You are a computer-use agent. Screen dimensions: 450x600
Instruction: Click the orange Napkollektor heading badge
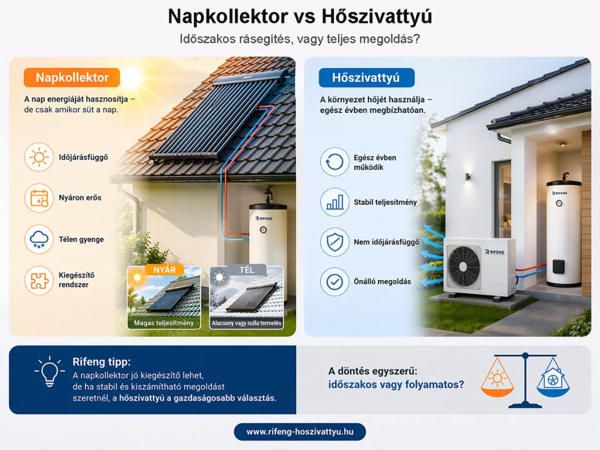pyautogui.click(x=71, y=77)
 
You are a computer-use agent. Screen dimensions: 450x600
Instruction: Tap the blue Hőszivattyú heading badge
pyautogui.click(x=366, y=78)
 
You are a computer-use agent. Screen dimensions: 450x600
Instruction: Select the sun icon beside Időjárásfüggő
pyautogui.click(x=39, y=158)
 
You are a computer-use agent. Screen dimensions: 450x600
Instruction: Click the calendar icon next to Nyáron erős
pyautogui.click(x=39, y=197)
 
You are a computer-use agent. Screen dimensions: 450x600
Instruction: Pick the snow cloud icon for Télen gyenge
pyautogui.click(x=39, y=239)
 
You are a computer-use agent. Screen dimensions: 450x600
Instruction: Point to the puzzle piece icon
pyautogui.click(x=39, y=280)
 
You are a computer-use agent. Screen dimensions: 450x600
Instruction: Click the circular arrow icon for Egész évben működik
pyautogui.click(x=335, y=162)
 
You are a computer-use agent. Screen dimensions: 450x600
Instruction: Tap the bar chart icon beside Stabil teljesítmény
pyautogui.click(x=335, y=202)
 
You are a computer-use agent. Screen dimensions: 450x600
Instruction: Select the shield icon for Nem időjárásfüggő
pyautogui.click(x=335, y=241)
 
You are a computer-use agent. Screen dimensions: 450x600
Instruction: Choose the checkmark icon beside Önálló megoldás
pyautogui.click(x=335, y=282)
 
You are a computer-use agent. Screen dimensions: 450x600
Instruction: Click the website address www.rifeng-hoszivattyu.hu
pyautogui.click(x=299, y=432)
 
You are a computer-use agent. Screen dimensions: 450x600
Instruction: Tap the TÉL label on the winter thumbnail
pyautogui.click(x=246, y=270)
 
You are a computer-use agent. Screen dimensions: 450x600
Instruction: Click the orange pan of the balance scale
pyautogui.click(x=497, y=380)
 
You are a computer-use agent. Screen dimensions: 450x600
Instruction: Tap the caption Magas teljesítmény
pyautogui.click(x=164, y=323)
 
